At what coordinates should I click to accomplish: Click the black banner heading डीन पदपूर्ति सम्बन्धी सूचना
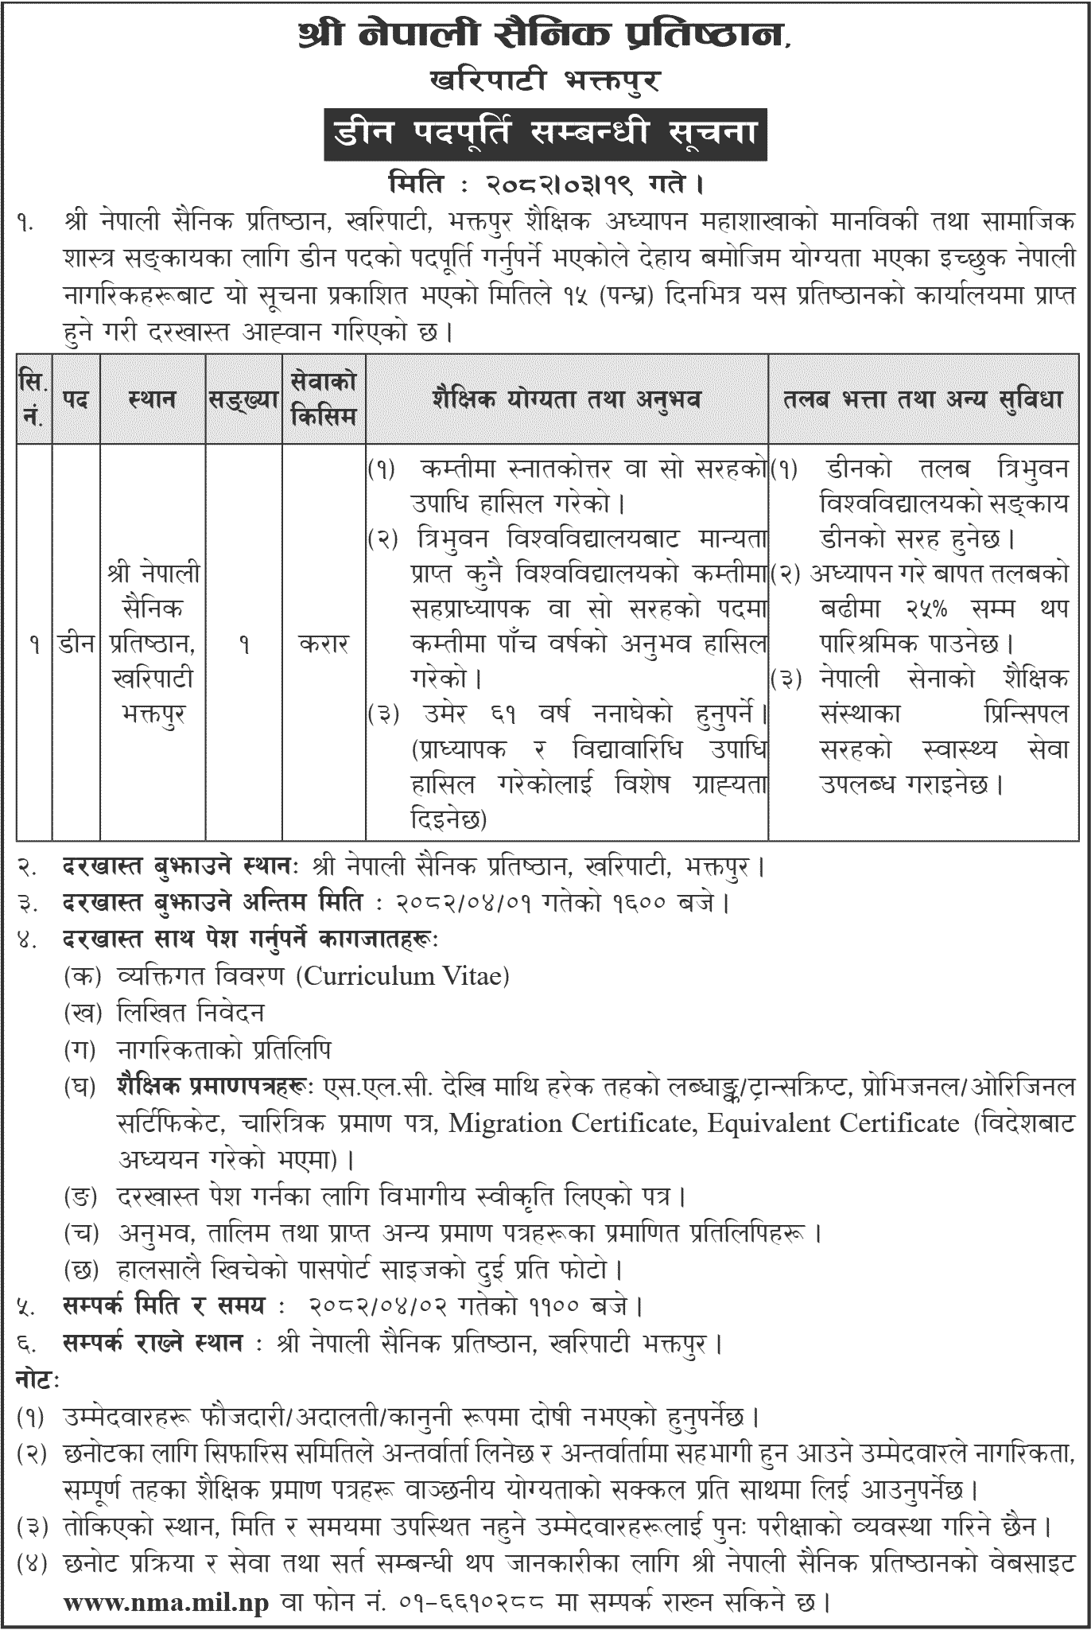point(545,131)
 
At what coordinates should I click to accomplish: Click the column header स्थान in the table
point(152,398)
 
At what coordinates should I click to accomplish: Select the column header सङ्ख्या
point(243,398)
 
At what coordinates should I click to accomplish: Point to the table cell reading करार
point(324,644)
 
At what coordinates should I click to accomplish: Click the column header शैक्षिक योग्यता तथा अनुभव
point(566,398)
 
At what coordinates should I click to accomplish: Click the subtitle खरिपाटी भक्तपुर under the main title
point(545,80)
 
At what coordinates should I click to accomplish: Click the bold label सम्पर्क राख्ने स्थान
point(153,1344)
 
